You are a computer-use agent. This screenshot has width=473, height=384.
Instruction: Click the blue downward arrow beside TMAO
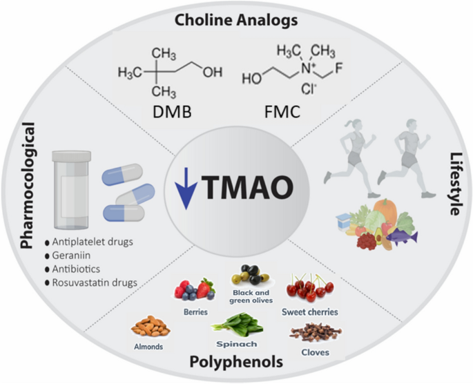[x=186, y=189]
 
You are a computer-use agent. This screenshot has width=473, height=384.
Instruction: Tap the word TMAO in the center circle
[x=247, y=187]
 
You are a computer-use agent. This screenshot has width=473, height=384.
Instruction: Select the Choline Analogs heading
[x=236, y=21]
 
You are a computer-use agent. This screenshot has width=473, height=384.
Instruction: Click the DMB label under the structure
[x=172, y=112]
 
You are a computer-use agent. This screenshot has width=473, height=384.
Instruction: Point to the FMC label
[x=282, y=112]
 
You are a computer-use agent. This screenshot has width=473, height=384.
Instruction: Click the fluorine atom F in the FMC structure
[x=339, y=68]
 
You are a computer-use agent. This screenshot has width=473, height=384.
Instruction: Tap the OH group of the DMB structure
[x=213, y=72]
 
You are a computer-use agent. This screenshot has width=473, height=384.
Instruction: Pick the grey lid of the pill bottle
[x=72, y=156]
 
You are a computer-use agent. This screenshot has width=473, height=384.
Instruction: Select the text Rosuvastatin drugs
[x=95, y=282]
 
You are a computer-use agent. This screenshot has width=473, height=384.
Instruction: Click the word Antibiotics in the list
[x=76, y=269]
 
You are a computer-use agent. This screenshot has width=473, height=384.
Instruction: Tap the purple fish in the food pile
[x=402, y=236]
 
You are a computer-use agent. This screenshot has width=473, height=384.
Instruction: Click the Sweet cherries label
[x=310, y=311]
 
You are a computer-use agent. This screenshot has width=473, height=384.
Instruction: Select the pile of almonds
[x=151, y=326]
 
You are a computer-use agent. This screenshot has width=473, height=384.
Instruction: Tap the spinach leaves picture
[x=238, y=325]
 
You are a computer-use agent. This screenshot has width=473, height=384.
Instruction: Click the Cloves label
[x=316, y=352]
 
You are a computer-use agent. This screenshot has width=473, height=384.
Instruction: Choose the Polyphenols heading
[x=236, y=362]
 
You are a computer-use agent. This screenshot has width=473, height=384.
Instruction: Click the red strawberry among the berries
[x=205, y=289]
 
